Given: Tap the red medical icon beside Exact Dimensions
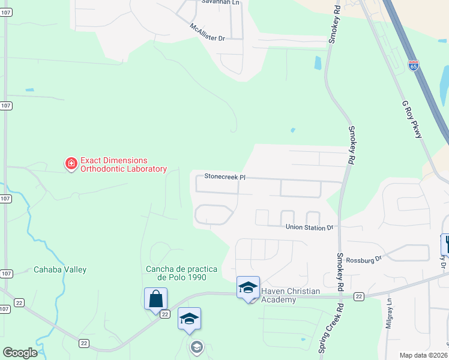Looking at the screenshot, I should click(71, 163).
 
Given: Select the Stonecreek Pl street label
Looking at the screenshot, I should click(225, 177).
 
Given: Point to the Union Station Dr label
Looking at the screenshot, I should click(309, 228).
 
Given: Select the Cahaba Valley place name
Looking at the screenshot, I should click(60, 270).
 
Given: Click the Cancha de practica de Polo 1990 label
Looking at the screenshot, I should click(176, 273).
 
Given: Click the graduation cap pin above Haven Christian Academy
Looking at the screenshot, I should click(248, 287).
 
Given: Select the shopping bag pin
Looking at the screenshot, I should click(155, 298).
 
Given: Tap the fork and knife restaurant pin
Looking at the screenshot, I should click(446, 244).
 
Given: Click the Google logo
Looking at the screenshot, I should click(20, 353).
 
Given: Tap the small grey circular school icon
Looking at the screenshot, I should click(196, 347).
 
